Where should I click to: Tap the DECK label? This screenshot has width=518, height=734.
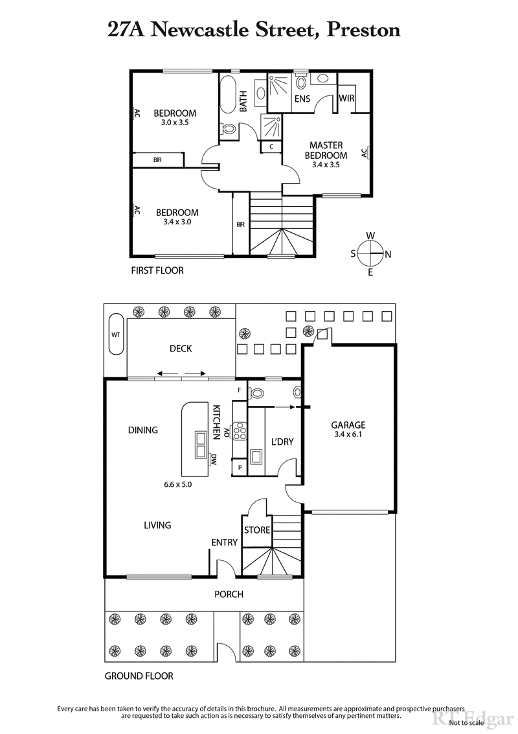pos(181,349)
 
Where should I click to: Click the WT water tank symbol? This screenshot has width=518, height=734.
pos(116,335)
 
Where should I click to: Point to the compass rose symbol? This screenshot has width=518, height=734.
pos(370,254)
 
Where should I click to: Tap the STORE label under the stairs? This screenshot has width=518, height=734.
pos(257,530)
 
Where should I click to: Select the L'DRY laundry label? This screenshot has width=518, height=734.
pos(282,442)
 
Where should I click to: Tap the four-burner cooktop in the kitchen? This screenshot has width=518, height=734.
pos(240,431)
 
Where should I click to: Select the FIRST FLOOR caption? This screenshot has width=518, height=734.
pos(157,270)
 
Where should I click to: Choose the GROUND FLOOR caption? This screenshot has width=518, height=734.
pos(139,676)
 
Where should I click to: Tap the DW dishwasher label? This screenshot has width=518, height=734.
pos(213,460)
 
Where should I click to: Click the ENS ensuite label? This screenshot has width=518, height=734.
pos(302,99)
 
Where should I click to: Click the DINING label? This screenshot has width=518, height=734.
pos(143,430)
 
